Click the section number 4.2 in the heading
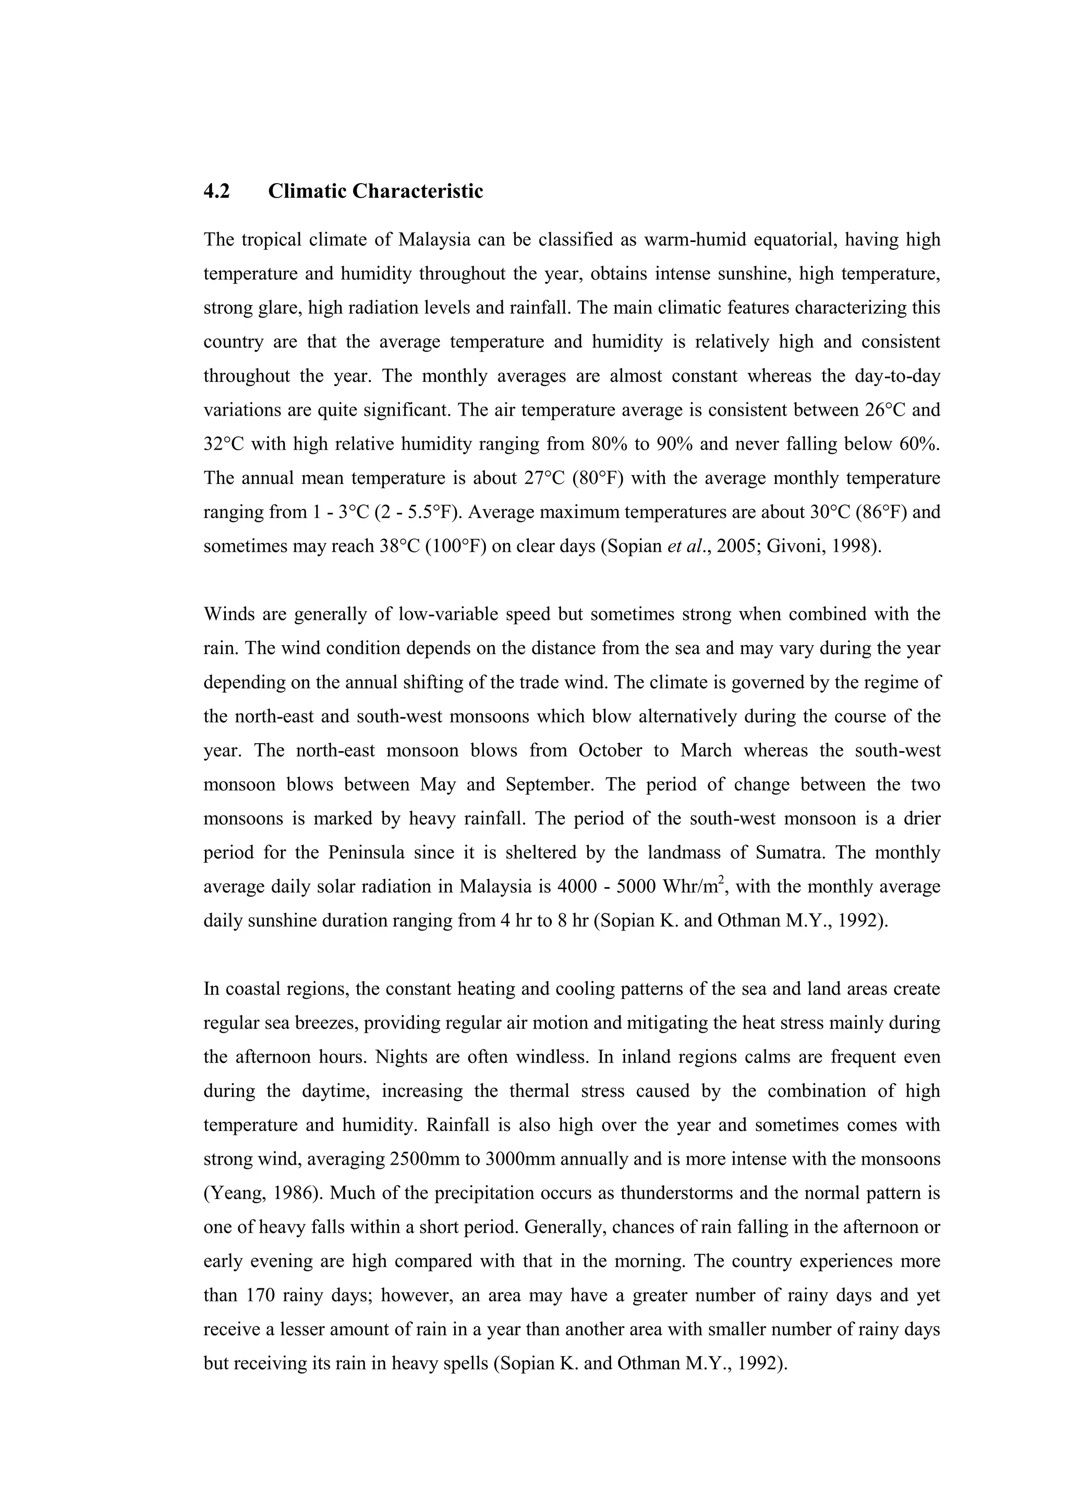[216, 191]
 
